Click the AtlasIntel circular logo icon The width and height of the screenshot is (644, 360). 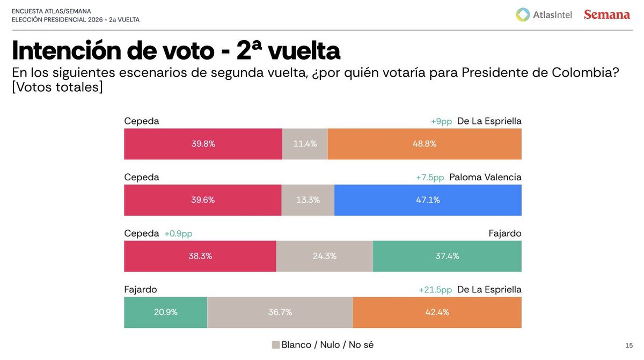[x=523, y=15]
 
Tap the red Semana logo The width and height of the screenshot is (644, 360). [x=607, y=15]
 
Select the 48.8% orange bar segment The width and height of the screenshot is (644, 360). [x=424, y=144]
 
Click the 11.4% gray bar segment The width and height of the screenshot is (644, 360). [x=305, y=144]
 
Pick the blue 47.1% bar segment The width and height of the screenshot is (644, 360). [x=428, y=200]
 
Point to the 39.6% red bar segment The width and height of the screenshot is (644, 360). [x=202, y=200]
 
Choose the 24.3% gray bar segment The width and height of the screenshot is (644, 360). [x=324, y=256]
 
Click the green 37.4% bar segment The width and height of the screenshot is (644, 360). [x=447, y=256]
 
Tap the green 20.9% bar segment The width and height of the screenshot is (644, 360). [x=165, y=312]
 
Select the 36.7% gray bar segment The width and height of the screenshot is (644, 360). [x=280, y=312]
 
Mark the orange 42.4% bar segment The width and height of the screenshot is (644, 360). [x=437, y=312]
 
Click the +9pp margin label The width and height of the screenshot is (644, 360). [x=442, y=121]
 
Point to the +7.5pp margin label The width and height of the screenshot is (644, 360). [x=430, y=178]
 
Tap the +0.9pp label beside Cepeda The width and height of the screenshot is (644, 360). [x=178, y=233]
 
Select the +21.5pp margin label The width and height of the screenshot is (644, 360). [x=435, y=290]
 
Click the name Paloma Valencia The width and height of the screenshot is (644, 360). [x=485, y=178]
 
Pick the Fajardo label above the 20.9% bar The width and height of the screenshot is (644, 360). [x=140, y=290]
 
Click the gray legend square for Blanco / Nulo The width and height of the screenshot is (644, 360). [x=276, y=344]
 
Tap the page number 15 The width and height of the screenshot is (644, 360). [x=629, y=344]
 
